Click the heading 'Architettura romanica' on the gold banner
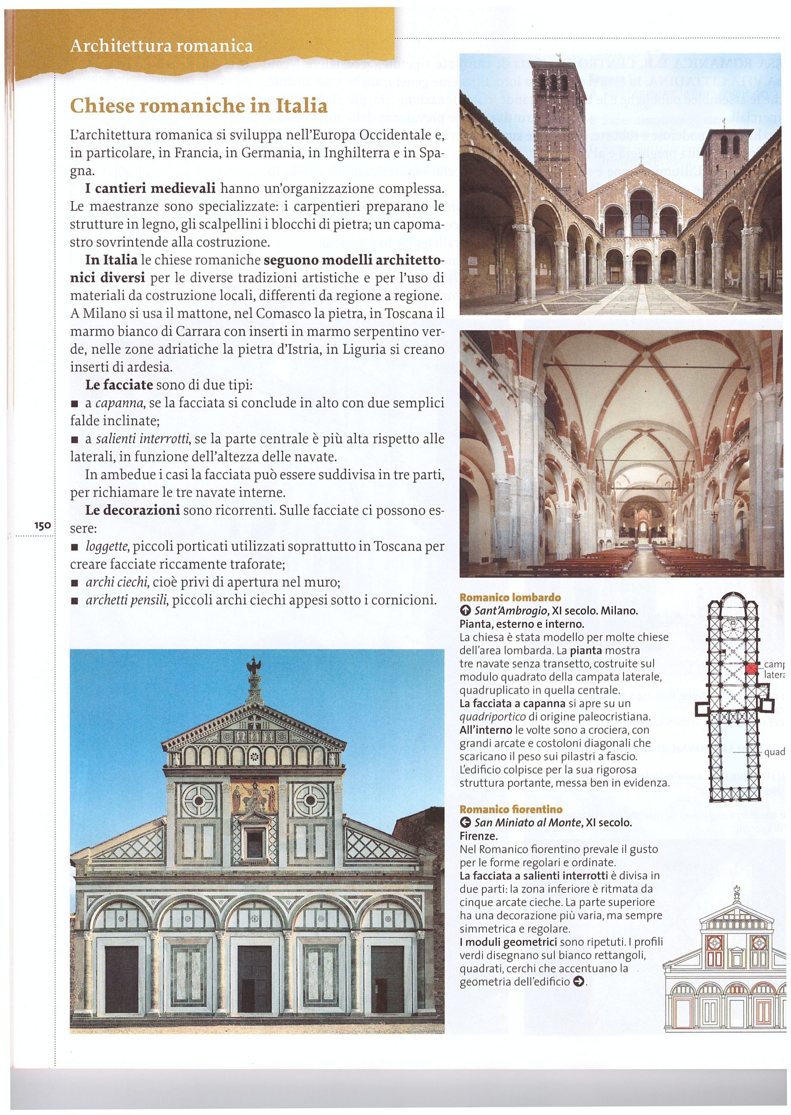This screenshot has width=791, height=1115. pyautogui.click(x=162, y=46)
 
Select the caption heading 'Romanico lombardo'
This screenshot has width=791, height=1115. pyautogui.click(x=510, y=598)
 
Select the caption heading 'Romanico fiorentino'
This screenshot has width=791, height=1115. pyautogui.click(x=511, y=809)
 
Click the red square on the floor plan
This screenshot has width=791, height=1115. pyautogui.click(x=753, y=668)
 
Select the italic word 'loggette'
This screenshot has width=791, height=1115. pyautogui.click(x=107, y=546)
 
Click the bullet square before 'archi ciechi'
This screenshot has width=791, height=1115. pyautogui.click(x=74, y=583)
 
